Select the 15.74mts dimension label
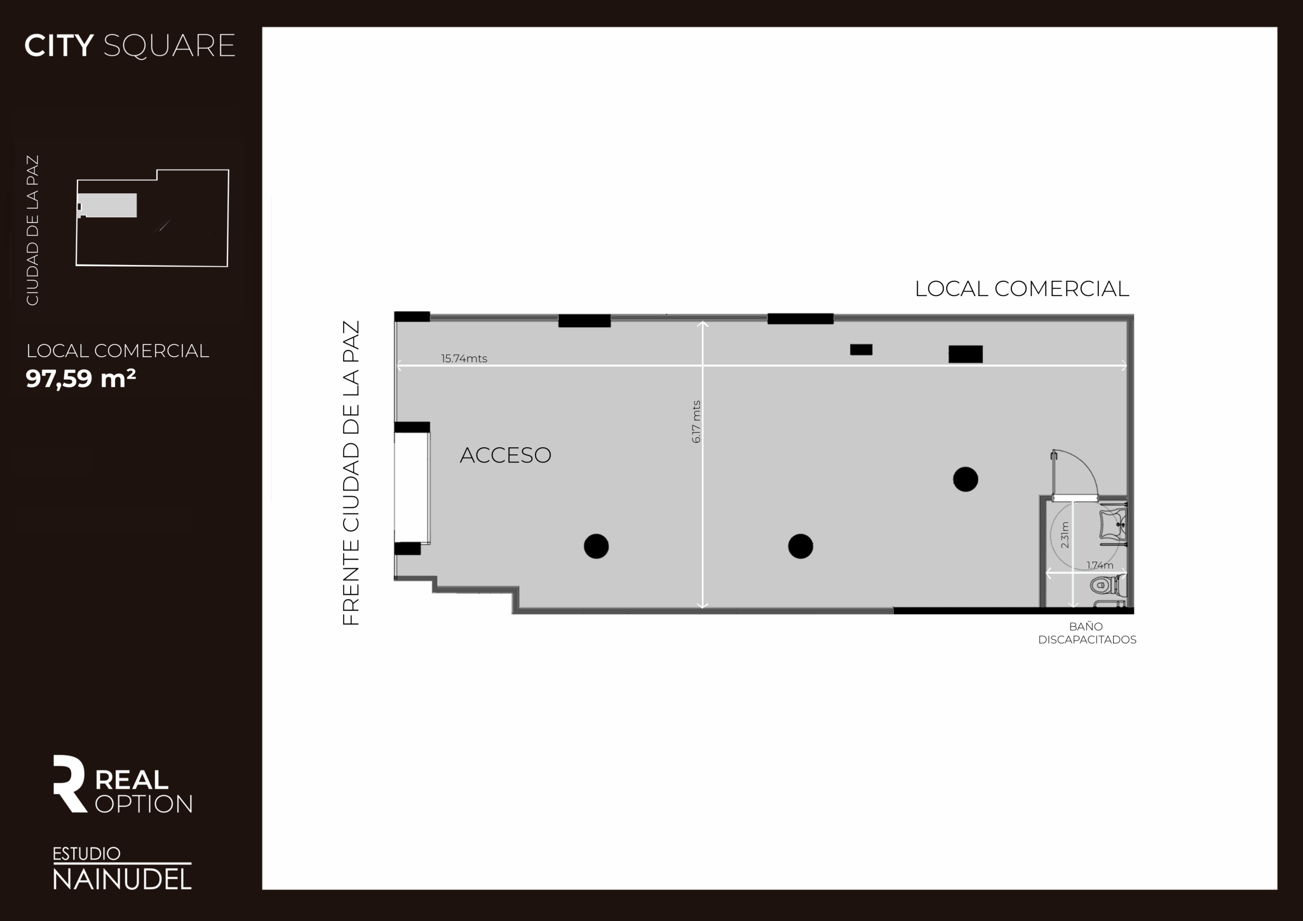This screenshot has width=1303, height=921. point(464,358)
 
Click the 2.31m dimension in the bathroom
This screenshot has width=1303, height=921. point(1065,535)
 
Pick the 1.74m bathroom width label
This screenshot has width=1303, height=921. point(1100,565)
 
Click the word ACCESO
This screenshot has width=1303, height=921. point(505,455)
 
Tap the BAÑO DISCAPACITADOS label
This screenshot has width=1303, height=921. point(1087,632)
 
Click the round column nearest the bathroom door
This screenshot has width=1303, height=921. point(966,479)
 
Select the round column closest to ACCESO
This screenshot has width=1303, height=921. point(596,546)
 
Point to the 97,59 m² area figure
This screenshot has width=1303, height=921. point(80,379)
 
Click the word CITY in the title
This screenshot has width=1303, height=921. point(59,45)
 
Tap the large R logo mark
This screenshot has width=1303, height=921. point(69,783)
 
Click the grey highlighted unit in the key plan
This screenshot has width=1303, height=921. point(107,206)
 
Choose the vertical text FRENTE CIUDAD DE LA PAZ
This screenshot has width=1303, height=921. point(351,473)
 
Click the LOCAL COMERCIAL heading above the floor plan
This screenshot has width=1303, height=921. point(1022,289)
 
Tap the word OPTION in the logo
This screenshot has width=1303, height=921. point(144,804)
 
